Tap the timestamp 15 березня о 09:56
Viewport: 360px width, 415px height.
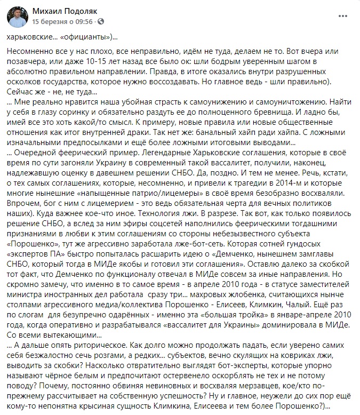tap(62, 22)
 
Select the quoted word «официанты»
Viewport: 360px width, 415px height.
tap(89, 38)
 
